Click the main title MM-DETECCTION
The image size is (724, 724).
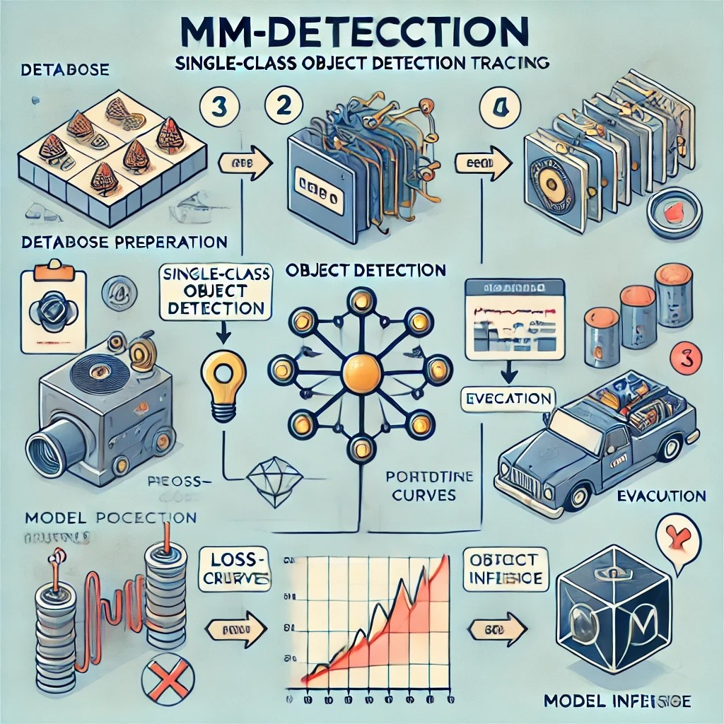click(361, 33)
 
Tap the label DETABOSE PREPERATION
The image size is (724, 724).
click(124, 243)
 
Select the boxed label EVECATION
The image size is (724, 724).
click(506, 399)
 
